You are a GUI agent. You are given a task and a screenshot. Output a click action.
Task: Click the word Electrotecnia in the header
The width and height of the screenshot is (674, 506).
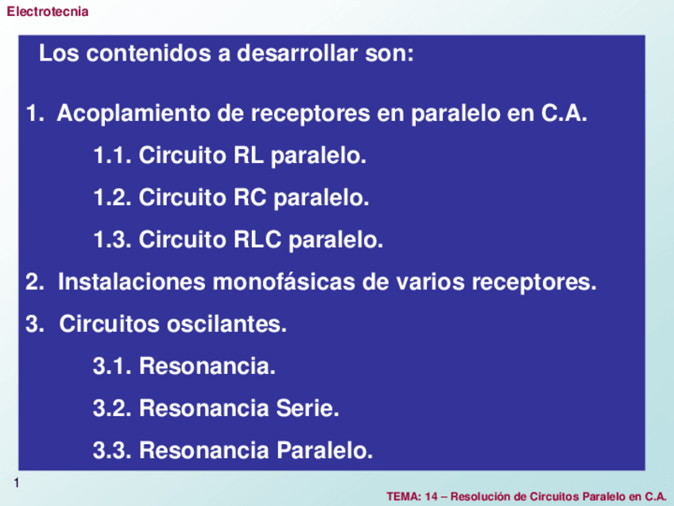(x=47, y=12)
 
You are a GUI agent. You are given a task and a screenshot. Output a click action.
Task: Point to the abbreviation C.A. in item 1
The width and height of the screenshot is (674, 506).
(x=564, y=114)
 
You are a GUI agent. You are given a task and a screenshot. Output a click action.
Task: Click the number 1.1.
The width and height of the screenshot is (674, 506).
(x=112, y=155)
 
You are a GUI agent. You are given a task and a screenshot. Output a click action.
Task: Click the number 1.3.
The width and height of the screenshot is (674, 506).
(x=112, y=239)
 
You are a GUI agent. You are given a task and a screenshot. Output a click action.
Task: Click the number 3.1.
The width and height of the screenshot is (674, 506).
(x=112, y=366)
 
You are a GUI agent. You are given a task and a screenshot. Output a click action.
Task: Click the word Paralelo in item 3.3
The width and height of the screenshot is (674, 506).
(x=324, y=451)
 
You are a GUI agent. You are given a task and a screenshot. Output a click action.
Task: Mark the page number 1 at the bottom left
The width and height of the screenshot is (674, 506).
(x=16, y=484)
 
